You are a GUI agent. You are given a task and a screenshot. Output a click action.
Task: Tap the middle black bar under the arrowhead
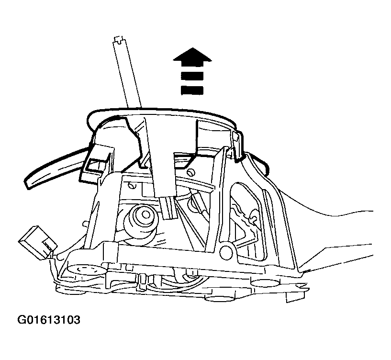coord(192,76)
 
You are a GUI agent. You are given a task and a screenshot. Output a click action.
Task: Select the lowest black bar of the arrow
coord(192,90)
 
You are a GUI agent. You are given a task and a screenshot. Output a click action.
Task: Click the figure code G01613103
coord(49,320)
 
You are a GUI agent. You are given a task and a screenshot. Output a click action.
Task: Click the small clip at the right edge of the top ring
coord(236,146)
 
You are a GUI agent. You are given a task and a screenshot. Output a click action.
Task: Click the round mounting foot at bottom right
coord(265,283)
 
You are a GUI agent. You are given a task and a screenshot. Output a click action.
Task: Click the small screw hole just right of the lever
coord(191,172)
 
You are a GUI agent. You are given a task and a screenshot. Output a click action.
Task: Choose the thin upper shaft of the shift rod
coord(128,75)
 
